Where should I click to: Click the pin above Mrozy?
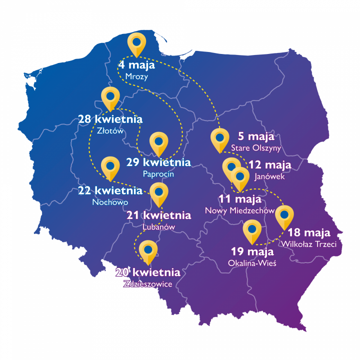coord(136,43)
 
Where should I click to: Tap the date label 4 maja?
coord(136,65)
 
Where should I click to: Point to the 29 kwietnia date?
coord(158,162)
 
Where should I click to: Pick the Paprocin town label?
coord(158,174)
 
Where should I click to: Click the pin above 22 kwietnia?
coord(109,167)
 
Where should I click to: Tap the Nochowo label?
coord(110,202)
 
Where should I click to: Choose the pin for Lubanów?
coord(159,193)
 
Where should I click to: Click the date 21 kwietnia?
coord(159,215)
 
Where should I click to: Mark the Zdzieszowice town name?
coord(147,284)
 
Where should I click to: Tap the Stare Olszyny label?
coord(256,148)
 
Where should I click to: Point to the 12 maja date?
coord(269,165)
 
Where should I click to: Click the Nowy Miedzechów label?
coord(240,211)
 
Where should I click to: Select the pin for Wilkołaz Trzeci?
coord(284,216)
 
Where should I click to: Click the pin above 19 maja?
coord(252,230)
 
